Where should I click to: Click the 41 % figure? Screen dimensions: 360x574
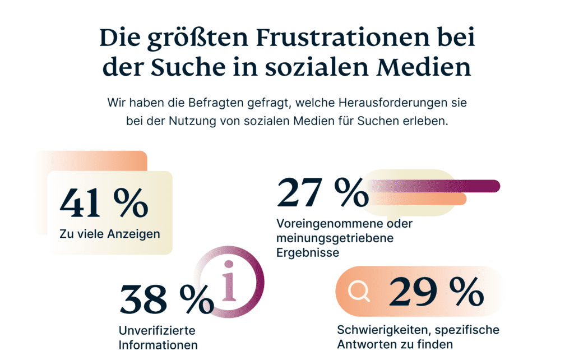point(104,202)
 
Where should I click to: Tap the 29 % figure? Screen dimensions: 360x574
point(436,291)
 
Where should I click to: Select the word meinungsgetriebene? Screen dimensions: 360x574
point(335,238)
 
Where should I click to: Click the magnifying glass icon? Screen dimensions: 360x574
point(358,292)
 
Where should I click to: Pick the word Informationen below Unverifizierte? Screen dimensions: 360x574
point(158,344)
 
